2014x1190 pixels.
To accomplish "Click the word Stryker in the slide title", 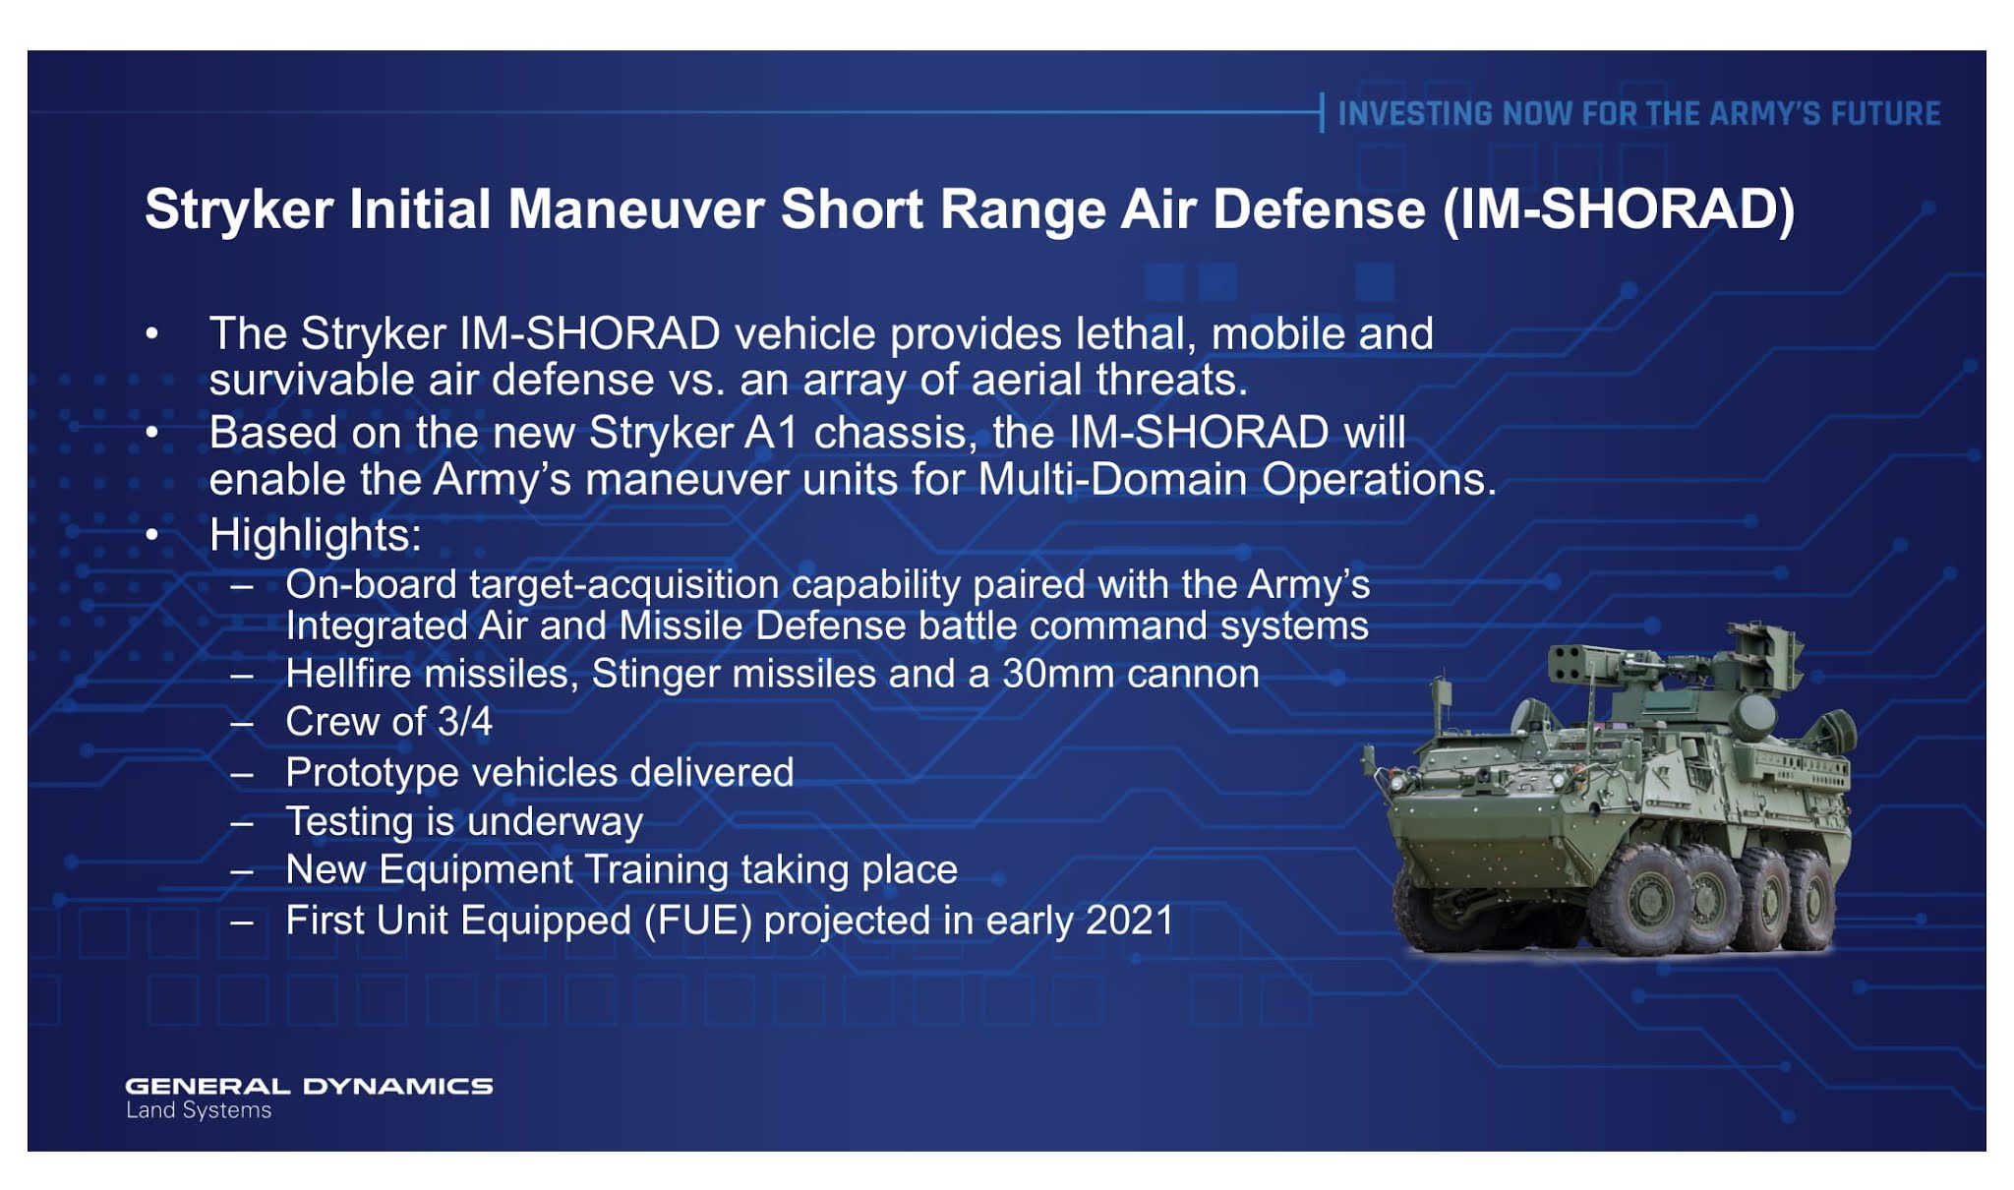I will (239, 210).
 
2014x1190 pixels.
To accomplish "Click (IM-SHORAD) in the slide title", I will (1619, 210).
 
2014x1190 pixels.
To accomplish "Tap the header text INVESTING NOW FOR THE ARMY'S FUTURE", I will (1638, 114).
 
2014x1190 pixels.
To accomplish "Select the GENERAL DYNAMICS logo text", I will (309, 1086).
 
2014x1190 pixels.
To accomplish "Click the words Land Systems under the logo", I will (199, 1110).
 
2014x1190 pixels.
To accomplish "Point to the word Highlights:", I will (315, 536).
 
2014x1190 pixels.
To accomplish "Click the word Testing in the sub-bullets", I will (349, 822).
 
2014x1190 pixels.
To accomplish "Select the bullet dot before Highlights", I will (151, 536).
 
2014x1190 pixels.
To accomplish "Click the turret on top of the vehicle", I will (1672, 679).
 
